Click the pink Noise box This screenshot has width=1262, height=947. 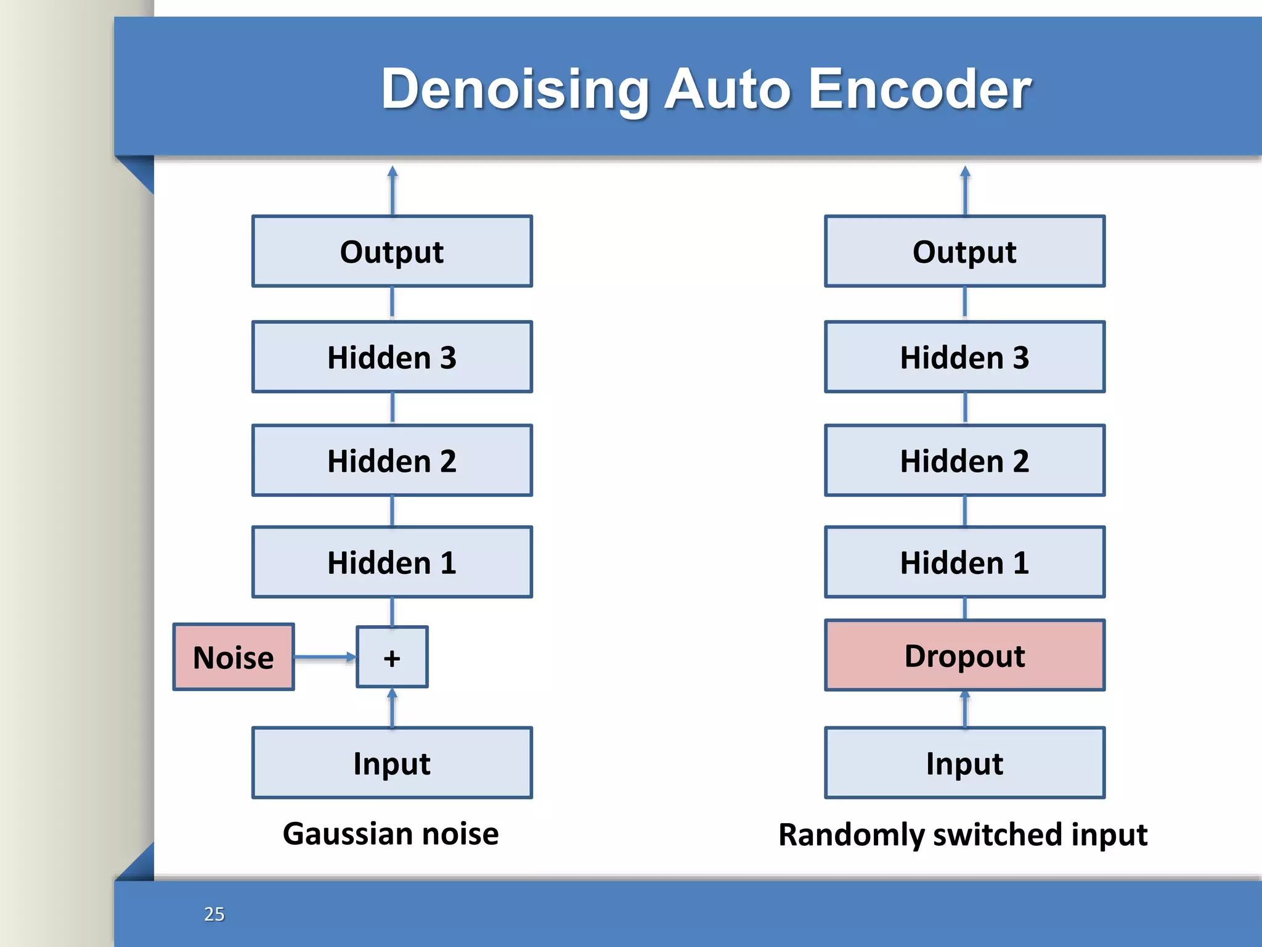pyautogui.click(x=234, y=657)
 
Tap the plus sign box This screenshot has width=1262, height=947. pyautogui.click(x=392, y=657)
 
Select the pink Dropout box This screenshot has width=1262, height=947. pyautogui.click(x=964, y=655)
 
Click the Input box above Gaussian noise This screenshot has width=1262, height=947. pyautogui.click(x=392, y=763)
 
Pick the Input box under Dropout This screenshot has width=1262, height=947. pyautogui.click(x=964, y=763)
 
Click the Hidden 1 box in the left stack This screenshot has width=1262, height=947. pyautogui.click(x=392, y=562)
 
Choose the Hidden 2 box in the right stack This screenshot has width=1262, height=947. pyautogui.click(x=964, y=460)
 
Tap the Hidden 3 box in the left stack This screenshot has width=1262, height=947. pyautogui.click(x=392, y=356)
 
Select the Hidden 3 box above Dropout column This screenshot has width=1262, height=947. pyautogui.click(x=964, y=356)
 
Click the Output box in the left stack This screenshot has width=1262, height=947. pyautogui.click(x=392, y=251)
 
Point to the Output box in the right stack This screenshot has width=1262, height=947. pyautogui.click(x=964, y=251)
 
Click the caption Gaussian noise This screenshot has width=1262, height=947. pyautogui.click(x=391, y=834)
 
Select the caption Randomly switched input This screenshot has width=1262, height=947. pyautogui.click(x=963, y=834)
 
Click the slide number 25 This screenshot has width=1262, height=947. pyautogui.click(x=214, y=914)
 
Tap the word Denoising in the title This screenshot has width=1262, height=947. pyautogui.click(x=515, y=89)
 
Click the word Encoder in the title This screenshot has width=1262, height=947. pyautogui.click(x=919, y=89)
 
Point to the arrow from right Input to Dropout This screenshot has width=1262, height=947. pyautogui.click(x=965, y=709)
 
